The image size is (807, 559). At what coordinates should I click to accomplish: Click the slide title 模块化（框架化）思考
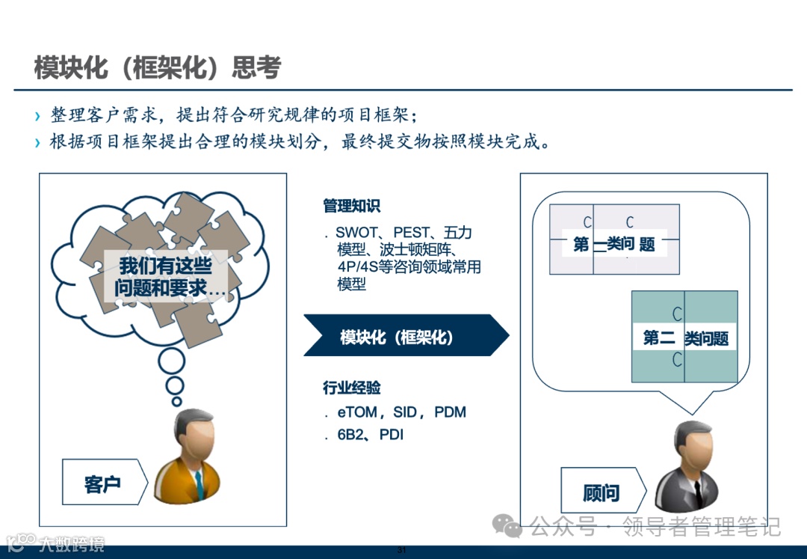pyautogui.click(x=158, y=67)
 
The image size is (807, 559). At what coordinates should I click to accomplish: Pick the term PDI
pyautogui.click(x=392, y=434)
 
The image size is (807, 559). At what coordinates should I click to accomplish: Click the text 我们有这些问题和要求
pyautogui.click(x=165, y=277)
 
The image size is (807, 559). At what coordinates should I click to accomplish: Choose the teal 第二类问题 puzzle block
pyautogui.click(x=684, y=337)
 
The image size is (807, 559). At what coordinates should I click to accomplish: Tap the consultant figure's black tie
pyautogui.click(x=696, y=490)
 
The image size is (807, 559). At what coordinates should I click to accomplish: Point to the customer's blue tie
pyautogui.click(x=199, y=483)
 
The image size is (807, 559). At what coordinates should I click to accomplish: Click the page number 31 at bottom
pyautogui.click(x=401, y=551)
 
